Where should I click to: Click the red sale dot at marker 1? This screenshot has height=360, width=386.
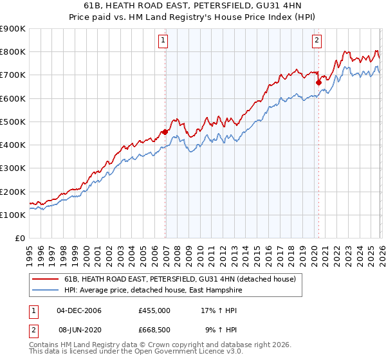[165, 132]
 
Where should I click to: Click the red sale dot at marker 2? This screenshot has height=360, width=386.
[318, 82]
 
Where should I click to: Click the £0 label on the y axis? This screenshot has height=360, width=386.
[21, 238]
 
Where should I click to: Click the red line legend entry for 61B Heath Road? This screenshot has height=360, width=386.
[179, 280]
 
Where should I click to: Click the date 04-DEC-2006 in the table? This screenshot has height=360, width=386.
[79, 310]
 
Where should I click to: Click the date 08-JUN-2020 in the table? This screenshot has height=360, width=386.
[79, 329]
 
